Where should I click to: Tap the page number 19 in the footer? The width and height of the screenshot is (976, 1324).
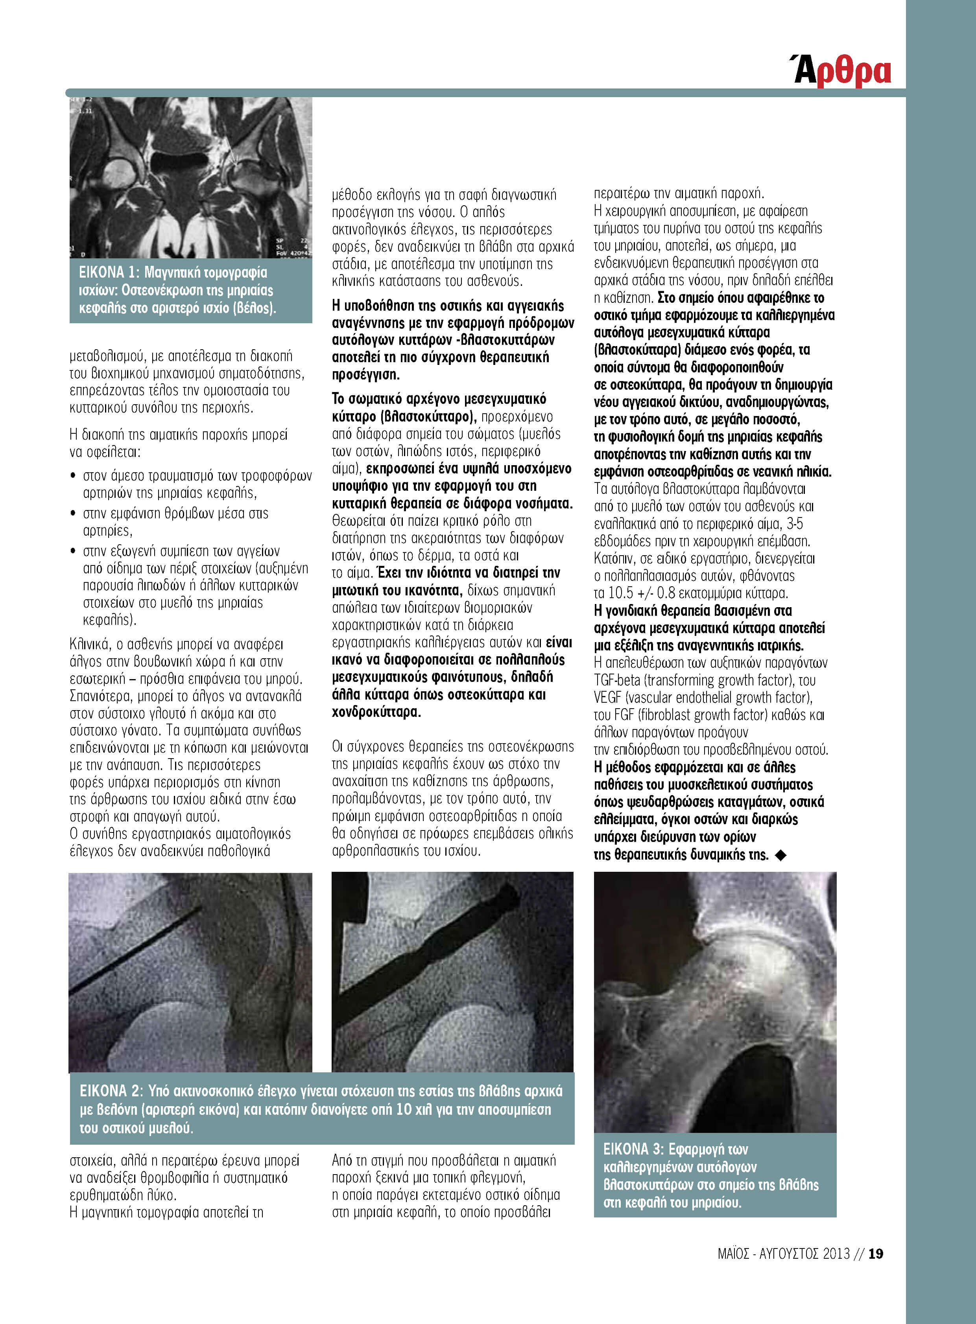tap(876, 1253)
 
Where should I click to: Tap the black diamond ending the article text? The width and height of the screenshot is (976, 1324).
tap(780, 855)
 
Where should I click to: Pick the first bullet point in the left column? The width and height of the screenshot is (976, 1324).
tap(73, 475)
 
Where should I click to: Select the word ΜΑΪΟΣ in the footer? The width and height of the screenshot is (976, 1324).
tap(734, 1253)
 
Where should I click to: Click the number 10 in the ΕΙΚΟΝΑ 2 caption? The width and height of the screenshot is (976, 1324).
tap(404, 1110)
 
